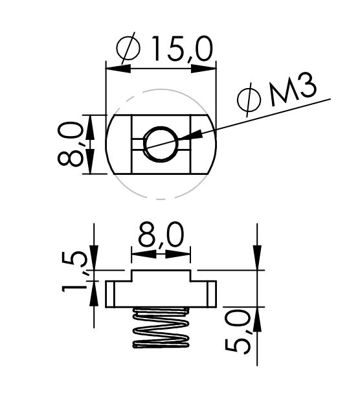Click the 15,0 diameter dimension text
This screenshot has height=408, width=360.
tap(182, 49)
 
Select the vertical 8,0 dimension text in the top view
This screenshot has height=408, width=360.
tap(70, 144)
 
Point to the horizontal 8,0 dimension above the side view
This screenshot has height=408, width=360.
tap(161, 234)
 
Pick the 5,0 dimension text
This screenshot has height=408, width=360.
tap(238, 332)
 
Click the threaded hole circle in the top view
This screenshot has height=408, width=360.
tap(161, 144)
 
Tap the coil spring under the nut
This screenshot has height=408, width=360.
tap(161, 327)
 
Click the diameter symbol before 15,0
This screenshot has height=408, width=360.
tap(128, 48)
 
